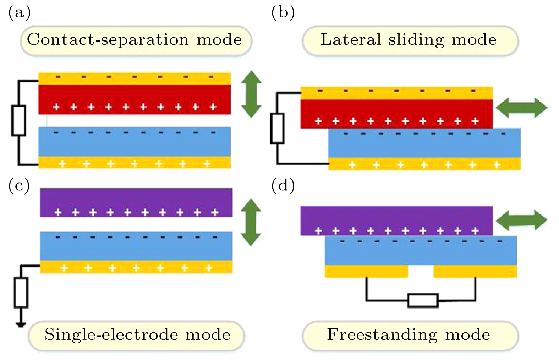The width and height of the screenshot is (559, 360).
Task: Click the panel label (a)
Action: click(x=19, y=12)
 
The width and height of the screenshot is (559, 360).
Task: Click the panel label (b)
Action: click(x=283, y=12)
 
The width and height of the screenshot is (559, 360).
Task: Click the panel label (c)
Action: click(x=19, y=185)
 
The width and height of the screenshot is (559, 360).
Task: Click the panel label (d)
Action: click(x=283, y=185)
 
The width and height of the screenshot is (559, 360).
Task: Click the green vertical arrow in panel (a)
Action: click(x=251, y=94)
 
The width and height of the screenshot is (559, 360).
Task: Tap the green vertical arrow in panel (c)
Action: click(x=251, y=222)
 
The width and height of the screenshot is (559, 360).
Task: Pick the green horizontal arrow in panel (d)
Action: click(x=521, y=220)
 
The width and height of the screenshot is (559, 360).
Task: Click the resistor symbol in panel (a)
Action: click(x=18, y=120)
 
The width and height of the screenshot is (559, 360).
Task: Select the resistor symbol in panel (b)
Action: click(x=277, y=128)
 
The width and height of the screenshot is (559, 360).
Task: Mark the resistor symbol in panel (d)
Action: click(x=422, y=300)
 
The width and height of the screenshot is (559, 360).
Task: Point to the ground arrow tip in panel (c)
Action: click(x=21, y=324)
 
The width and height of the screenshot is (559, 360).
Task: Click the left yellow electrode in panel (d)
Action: click(x=366, y=271)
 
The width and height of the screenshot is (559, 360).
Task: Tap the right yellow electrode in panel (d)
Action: click(x=475, y=271)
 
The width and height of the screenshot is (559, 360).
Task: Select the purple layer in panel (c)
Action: click(x=136, y=199)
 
